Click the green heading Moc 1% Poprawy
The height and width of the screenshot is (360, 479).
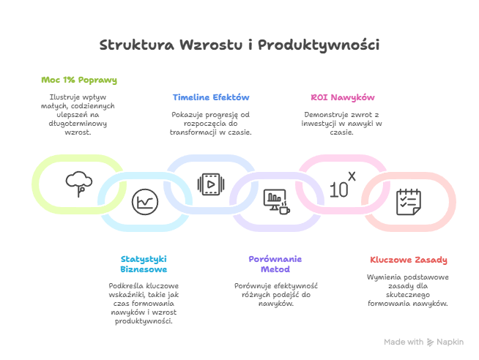pos(78,80)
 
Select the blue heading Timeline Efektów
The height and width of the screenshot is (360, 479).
pos(211,97)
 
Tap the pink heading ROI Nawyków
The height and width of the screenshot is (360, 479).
pos(343,97)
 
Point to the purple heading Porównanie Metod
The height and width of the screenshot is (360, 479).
pos(275,264)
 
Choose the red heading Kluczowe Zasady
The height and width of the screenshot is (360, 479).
pos(408,260)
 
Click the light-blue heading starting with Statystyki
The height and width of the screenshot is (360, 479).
pos(144,264)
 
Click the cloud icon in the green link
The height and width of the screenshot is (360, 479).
pos(78,181)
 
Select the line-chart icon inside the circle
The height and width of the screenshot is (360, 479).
pos(144,201)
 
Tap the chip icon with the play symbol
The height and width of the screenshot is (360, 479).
pos(210,184)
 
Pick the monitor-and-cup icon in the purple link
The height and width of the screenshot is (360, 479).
pos(275,200)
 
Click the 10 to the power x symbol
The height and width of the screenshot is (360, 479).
pos(341,184)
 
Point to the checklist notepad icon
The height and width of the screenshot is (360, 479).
pos(408,201)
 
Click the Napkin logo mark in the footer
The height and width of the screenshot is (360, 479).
pos(431,342)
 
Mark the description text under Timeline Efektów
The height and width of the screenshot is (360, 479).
pos(211,124)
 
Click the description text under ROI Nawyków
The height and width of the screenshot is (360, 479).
pos(343,124)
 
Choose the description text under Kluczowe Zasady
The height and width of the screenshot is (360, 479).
pos(408,290)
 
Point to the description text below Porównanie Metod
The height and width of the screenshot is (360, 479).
pos(275,294)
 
